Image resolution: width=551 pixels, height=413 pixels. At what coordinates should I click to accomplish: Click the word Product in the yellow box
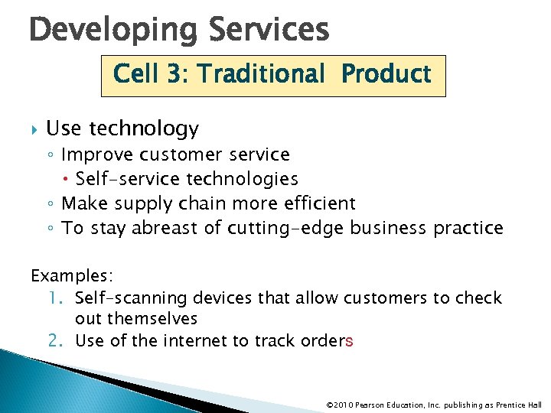coord(386,74)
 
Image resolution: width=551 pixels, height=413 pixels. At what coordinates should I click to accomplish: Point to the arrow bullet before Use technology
coord(33,129)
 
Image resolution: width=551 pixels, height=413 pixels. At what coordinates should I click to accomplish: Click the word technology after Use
coord(145,129)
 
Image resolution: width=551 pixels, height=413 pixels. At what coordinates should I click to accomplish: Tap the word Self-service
coord(120,179)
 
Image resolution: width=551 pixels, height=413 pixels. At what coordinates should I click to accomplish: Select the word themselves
coord(153,319)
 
